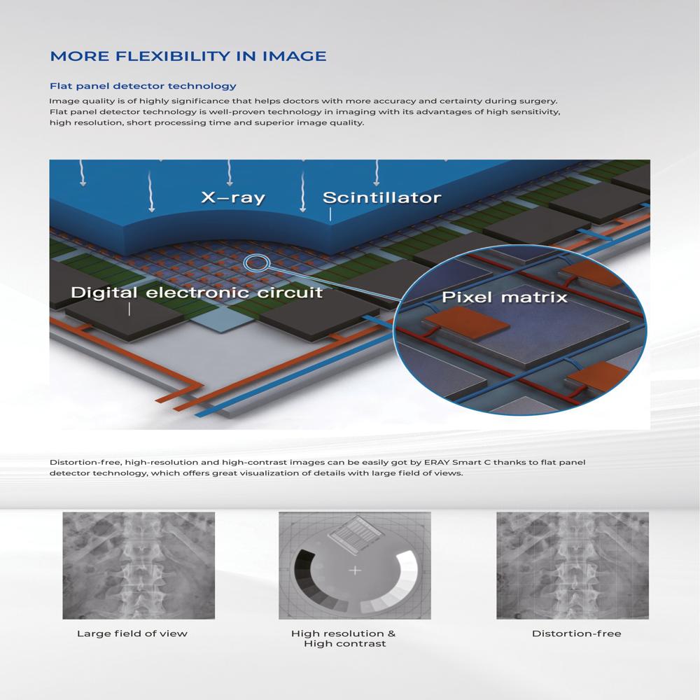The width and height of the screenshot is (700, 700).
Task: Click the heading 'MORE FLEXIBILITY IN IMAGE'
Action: point(188,56)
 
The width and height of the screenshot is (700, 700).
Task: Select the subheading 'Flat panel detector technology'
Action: point(143,86)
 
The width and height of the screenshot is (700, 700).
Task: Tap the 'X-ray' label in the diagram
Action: point(233,198)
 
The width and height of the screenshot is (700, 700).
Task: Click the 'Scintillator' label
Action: point(381,198)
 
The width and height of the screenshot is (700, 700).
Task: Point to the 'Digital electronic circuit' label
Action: point(197,292)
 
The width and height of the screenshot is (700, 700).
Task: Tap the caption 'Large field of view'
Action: point(132,633)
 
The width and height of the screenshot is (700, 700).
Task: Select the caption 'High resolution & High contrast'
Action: point(343,638)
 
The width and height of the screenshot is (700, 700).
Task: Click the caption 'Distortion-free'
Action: point(576,633)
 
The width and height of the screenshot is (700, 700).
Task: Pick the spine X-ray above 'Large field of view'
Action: point(139,565)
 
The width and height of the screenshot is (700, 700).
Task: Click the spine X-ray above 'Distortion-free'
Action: point(573,565)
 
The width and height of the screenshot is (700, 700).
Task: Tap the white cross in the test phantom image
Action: point(355,570)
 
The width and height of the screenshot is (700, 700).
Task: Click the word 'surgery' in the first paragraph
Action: point(539,101)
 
